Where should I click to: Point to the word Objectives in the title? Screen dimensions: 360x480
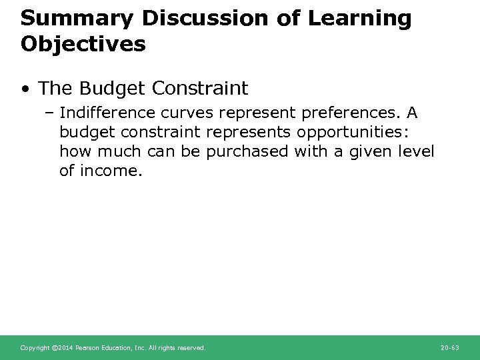[x=83, y=44]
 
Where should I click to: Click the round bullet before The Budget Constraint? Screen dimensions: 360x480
[x=25, y=89]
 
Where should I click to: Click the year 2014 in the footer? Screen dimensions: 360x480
[x=65, y=348]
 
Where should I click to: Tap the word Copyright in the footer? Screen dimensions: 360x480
[x=35, y=348]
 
